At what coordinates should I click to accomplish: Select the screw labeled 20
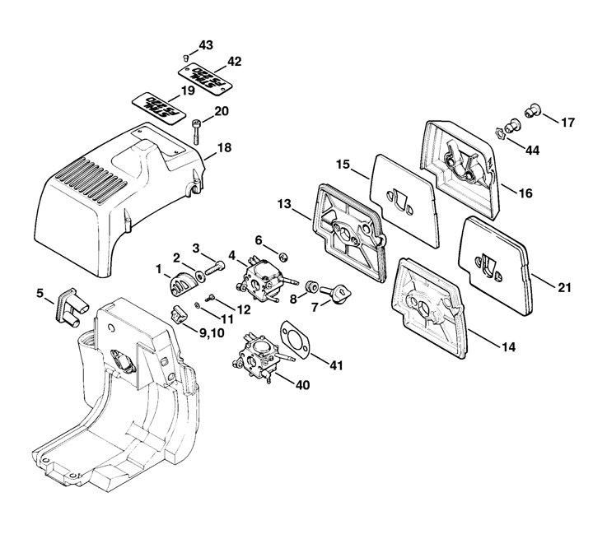tap(197, 130)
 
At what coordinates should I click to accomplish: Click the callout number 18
tap(225, 148)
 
